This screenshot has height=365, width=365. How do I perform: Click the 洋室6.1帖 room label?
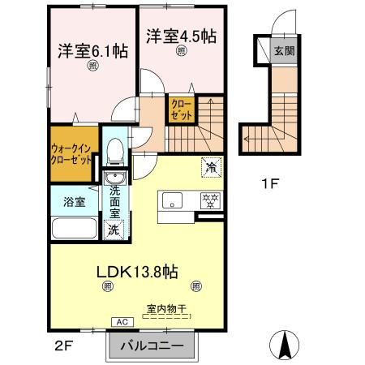click(92, 51)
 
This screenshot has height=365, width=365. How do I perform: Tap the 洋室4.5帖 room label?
click(182, 36)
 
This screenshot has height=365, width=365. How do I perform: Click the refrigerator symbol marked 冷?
click(210, 168)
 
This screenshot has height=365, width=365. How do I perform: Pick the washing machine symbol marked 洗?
click(114, 230)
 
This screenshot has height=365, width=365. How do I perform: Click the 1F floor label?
click(271, 184)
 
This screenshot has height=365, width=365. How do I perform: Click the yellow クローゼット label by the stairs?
click(179, 109)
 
